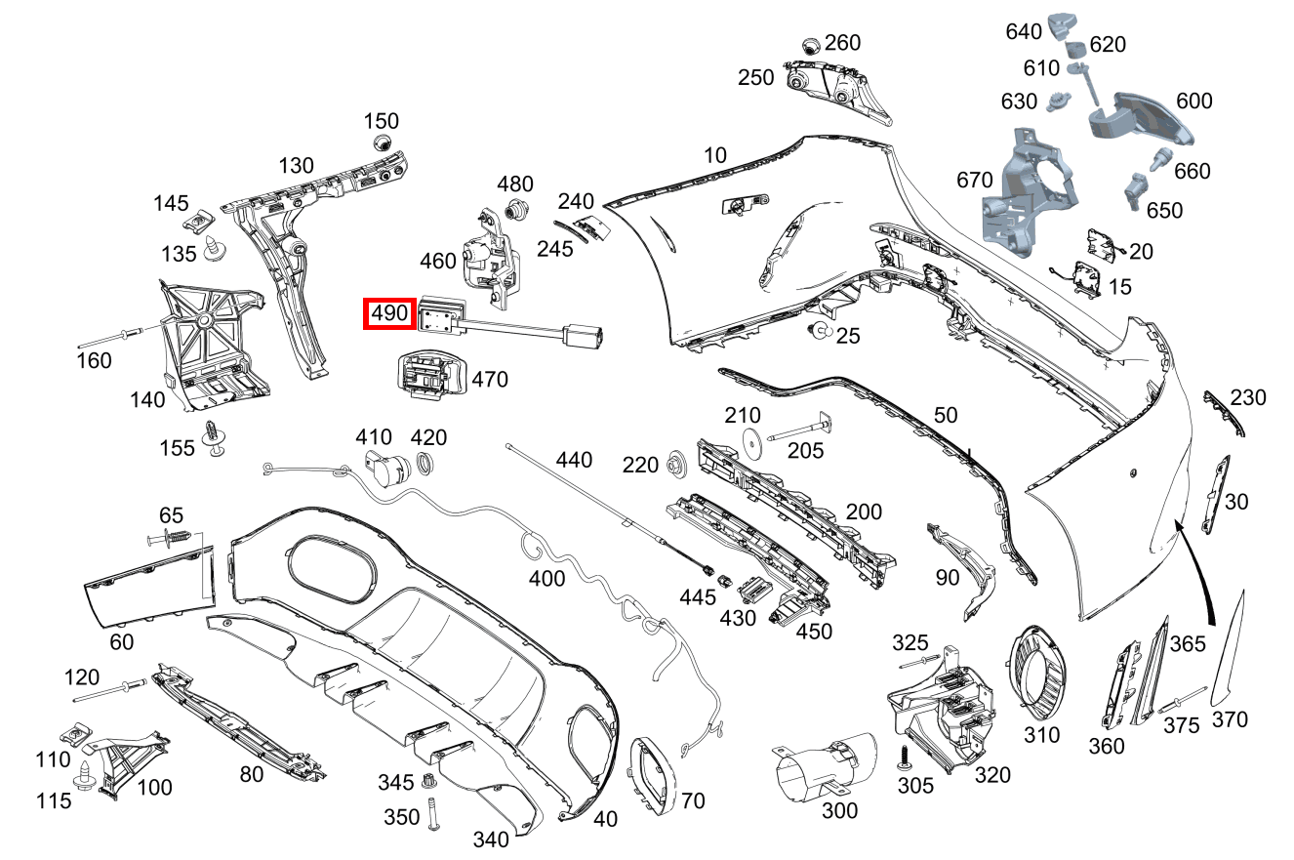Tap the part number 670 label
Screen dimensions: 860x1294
[x=975, y=180]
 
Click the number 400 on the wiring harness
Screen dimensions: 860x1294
[x=546, y=578]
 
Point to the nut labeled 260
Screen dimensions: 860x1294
[x=809, y=46]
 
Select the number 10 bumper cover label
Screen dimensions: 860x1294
[x=715, y=154]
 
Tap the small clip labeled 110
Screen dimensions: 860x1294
[x=73, y=733]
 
